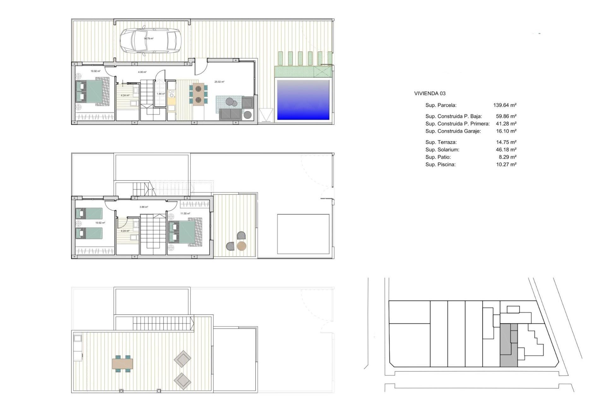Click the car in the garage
pyautogui.click(x=150, y=41)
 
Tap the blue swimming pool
pyautogui.click(x=303, y=100)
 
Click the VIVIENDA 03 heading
pyautogui.click(x=430, y=93)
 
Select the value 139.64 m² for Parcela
pyautogui.click(x=505, y=105)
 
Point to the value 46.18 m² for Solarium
pyautogui.click(x=506, y=150)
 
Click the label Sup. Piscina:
pyautogui.click(x=440, y=164)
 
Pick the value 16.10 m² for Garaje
pyautogui.click(x=506, y=131)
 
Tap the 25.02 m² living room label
pyautogui.click(x=219, y=82)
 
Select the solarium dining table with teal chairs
pyautogui.click(x=122, y=364)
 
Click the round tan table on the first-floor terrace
pyautogui.click(x=241, y=246)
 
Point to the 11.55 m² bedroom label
pyautogui.click(x=185, y=214)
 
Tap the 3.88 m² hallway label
pyautogui.click(x=144, y=207)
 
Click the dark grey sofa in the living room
pyautogui.click(x=231, y=114)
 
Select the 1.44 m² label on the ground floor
pyautogui.click(x=161, y=94)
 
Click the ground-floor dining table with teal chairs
pyautogui.click(x=198, y=94)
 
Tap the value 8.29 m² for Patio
pyautogui.click(x=508, y=157)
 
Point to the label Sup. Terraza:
pyautogui.click(x=441, y=142)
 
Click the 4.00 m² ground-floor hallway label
pyautogui.click(x=142, y=72)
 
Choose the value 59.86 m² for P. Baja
pyautogui.click(x=506, y=116)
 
